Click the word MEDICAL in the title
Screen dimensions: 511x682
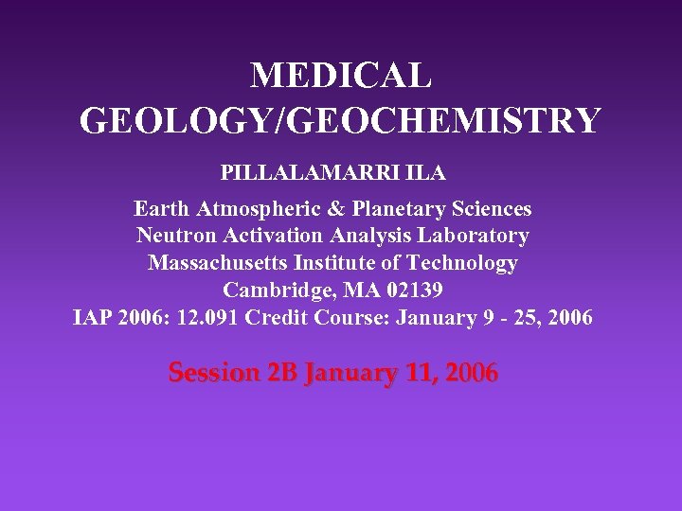[341, 76]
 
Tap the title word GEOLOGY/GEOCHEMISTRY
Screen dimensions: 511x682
[341, 121]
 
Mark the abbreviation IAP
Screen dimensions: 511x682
[94, 317]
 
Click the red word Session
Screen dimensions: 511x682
[208, 373]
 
